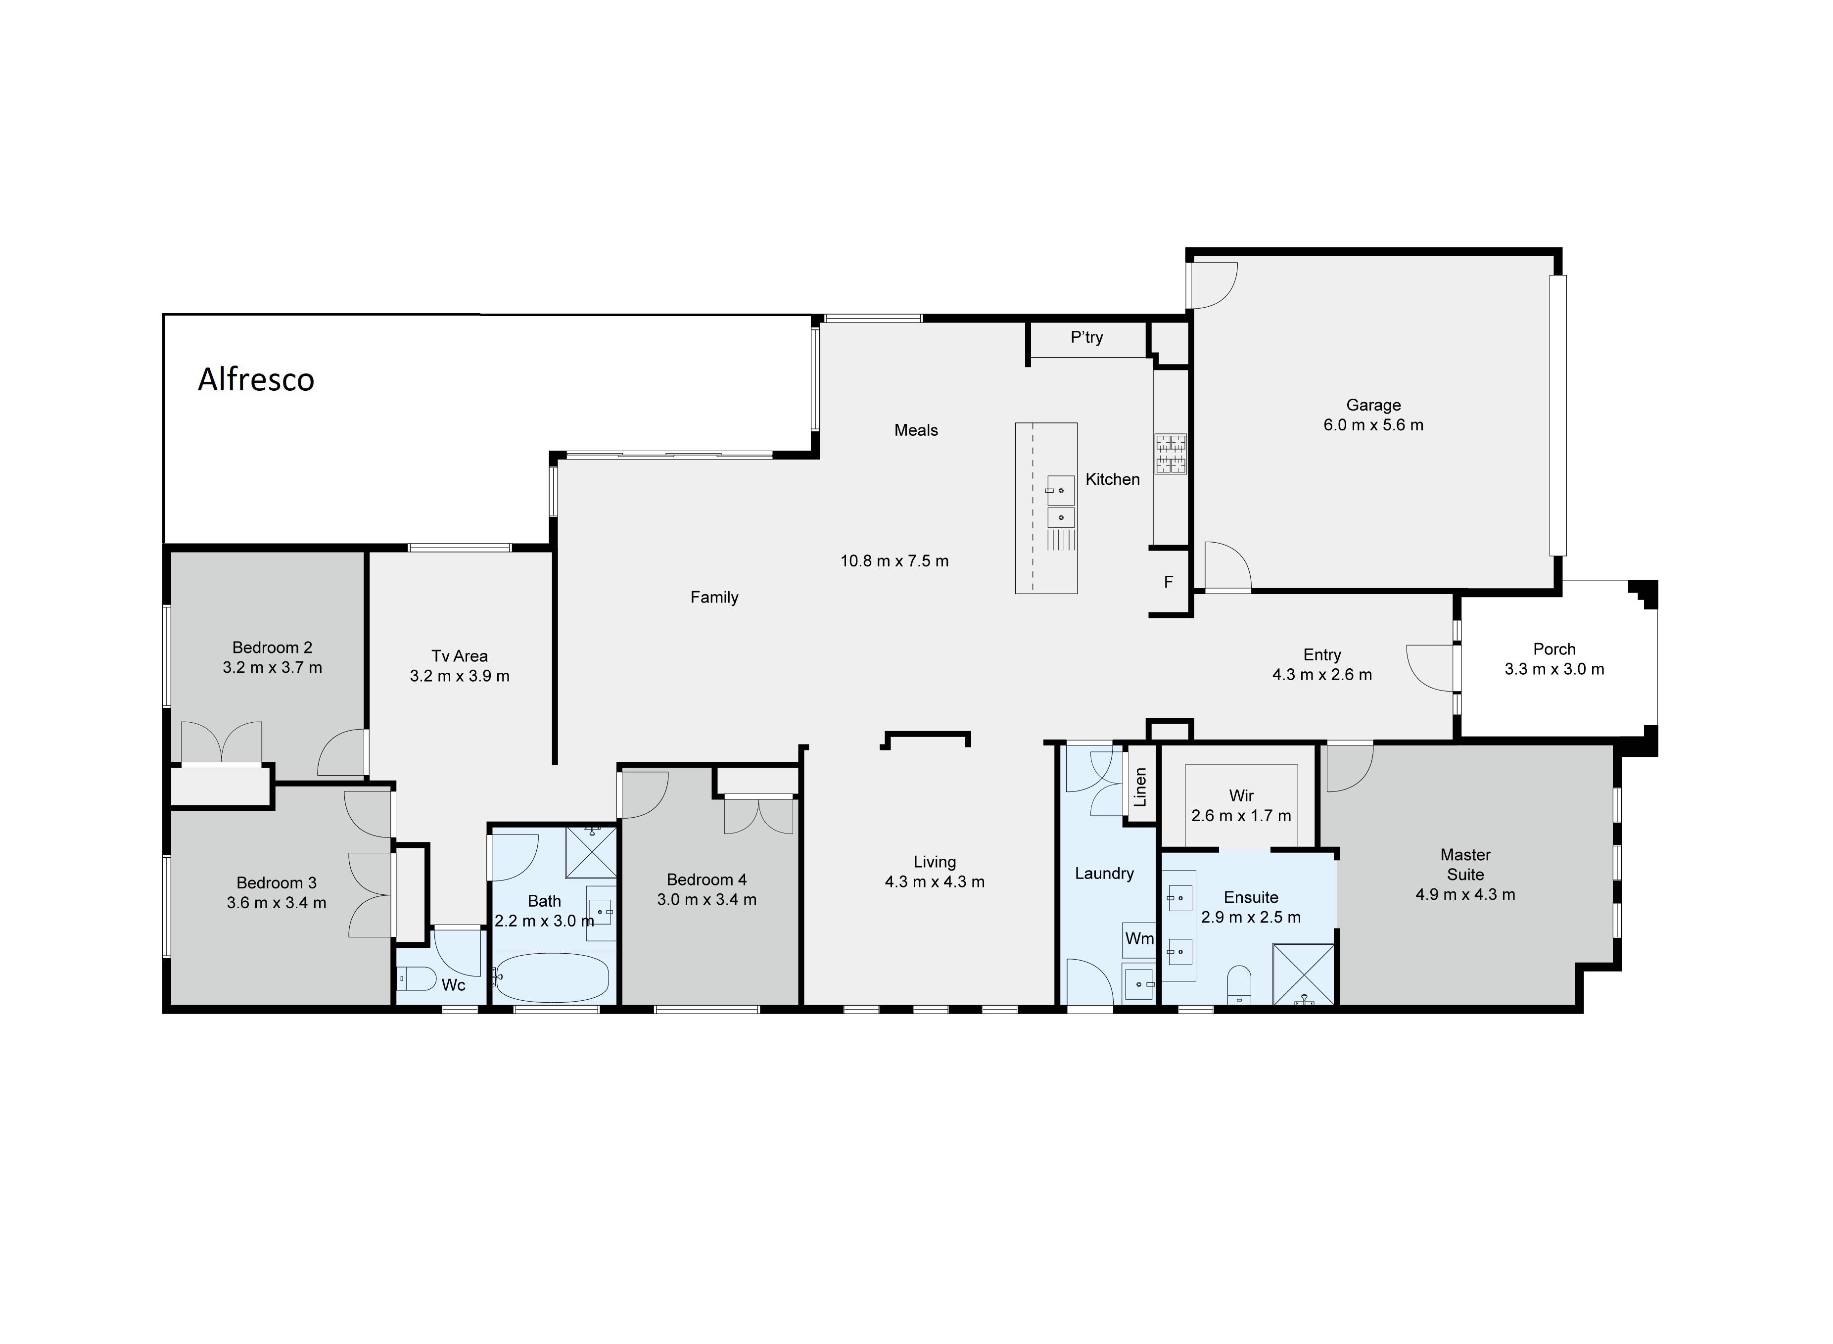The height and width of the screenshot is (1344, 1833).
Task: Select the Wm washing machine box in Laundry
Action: coord(1138,939)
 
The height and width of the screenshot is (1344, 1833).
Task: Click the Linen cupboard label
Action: coord(1140,787)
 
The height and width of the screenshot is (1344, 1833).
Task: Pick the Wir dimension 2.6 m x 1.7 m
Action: coord(1241,815)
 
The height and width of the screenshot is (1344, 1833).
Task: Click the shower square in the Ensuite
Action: coord(1303,974)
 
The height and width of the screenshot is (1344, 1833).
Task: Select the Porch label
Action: coord(1554,649)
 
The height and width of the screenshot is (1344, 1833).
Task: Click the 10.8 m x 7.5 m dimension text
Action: coord(894,560)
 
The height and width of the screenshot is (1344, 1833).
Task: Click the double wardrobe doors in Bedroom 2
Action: coord(221,742)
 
